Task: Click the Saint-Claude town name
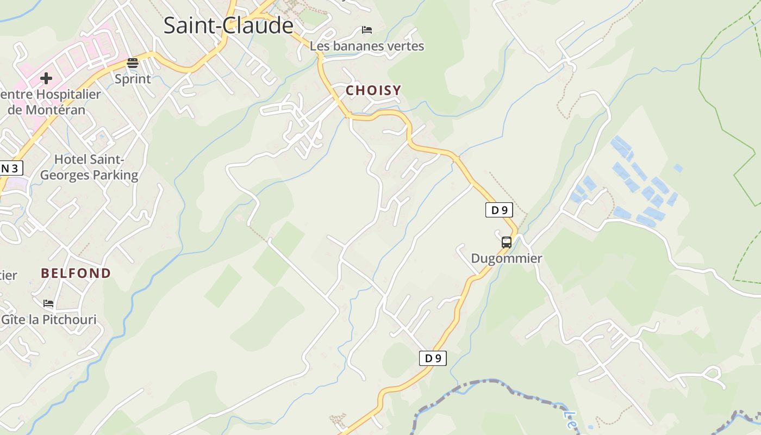(228, 26)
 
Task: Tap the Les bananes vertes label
(367, 46)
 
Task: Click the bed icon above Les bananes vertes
(367, 29)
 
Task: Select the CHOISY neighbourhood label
(373, 91)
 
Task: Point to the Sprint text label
(133, 79)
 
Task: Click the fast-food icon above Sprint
(133, 63)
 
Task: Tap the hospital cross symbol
(46, 78)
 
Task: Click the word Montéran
(54, 110)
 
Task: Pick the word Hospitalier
(68, 95)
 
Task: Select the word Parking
(115, 175)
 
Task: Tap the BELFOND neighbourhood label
(76, 273)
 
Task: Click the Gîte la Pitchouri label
(49, 319)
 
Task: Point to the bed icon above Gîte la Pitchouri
(48, 303)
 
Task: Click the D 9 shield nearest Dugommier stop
(499, 209)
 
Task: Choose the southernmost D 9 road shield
(433, 358)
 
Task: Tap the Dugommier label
(507, 258)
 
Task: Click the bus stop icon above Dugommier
(507, 242)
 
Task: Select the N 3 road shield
(10, 168)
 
